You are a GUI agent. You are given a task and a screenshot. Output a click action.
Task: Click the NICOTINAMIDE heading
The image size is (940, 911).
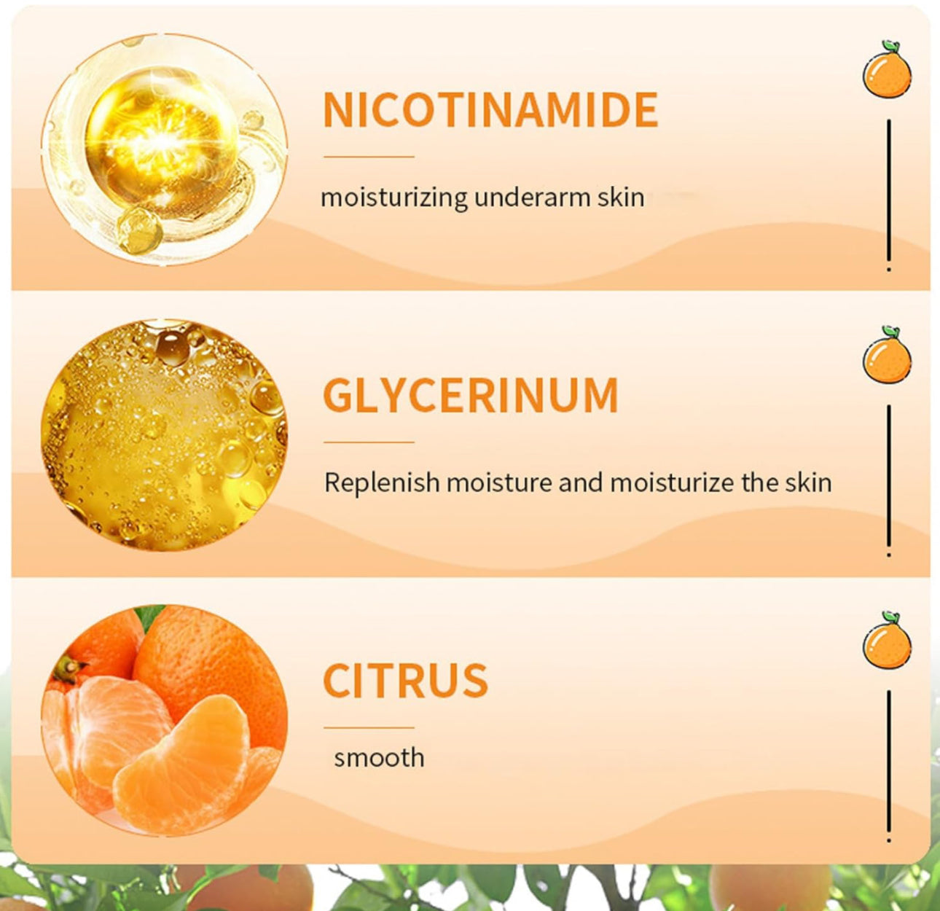[490, 109]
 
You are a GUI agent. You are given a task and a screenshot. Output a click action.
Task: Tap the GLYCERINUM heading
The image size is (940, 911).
[471, 394]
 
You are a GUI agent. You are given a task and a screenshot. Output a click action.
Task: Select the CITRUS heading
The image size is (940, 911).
[405, 680]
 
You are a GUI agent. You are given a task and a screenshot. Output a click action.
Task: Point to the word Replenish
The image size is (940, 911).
[382, 482]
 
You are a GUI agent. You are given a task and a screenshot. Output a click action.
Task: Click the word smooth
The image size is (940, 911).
[379, 757]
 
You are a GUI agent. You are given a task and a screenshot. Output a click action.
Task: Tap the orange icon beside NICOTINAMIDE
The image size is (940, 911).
[887, 69]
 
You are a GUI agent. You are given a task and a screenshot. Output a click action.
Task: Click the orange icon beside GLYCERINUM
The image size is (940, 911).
[887, 355]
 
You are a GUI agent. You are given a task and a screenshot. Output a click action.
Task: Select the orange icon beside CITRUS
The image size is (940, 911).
[887, 640]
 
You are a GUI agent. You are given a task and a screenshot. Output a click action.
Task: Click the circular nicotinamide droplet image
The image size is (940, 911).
[164, 149]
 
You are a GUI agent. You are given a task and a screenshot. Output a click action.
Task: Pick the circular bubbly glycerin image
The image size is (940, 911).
[164, 435]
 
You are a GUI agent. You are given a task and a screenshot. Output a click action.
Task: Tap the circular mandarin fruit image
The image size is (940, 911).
[164, 720]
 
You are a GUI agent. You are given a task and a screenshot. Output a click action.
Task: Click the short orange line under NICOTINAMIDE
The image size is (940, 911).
[369, 157]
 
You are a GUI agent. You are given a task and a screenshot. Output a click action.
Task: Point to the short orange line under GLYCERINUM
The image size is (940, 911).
[369, 442]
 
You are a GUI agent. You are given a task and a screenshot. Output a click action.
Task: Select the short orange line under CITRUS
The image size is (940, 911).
[369, 727]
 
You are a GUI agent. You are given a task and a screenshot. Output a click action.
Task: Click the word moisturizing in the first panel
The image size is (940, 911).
[394, 198]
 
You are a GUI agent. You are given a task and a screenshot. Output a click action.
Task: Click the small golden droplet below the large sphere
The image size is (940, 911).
[140, 231]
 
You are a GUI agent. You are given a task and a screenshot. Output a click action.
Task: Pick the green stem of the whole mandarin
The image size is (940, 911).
[68, 668]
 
